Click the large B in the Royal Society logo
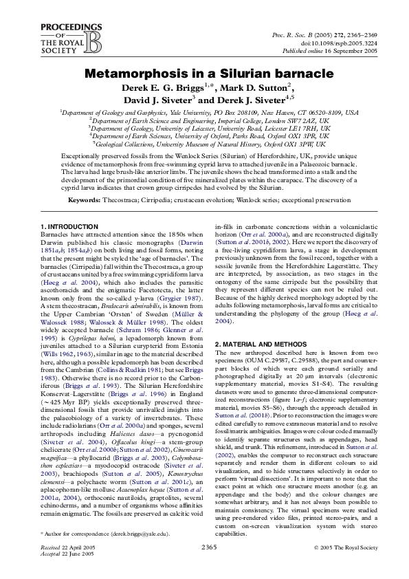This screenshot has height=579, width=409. coord(74,40)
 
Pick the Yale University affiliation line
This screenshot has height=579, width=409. coord(208,112)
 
